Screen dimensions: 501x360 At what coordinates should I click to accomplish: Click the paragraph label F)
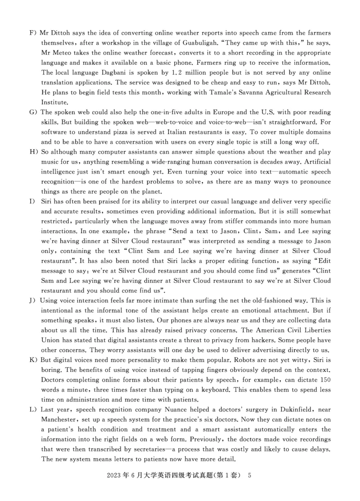pyautogui.click(x=33, y=33)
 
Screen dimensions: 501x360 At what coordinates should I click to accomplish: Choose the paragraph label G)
pyautogui.click(x=33, y=112)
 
